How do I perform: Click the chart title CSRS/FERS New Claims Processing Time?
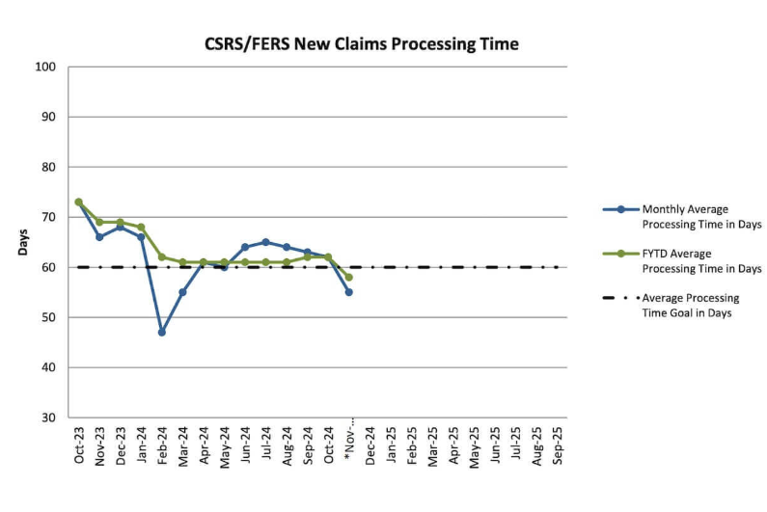coord(361,44)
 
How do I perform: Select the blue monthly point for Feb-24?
coord(162,332)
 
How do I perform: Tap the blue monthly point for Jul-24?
coord(265,242)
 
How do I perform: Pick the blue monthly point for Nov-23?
coord(99,236)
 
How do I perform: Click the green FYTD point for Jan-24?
coord(141,227)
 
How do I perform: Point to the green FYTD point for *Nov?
coord(348,277)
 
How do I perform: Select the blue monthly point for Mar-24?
coord(182,292)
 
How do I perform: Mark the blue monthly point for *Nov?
coord(348,292)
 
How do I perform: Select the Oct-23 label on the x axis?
coord(79,446)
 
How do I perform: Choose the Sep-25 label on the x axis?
coord(557,446)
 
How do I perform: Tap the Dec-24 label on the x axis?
coord(370,446)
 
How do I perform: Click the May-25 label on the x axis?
coord(474,446)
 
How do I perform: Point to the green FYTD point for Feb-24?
coord(162,257)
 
